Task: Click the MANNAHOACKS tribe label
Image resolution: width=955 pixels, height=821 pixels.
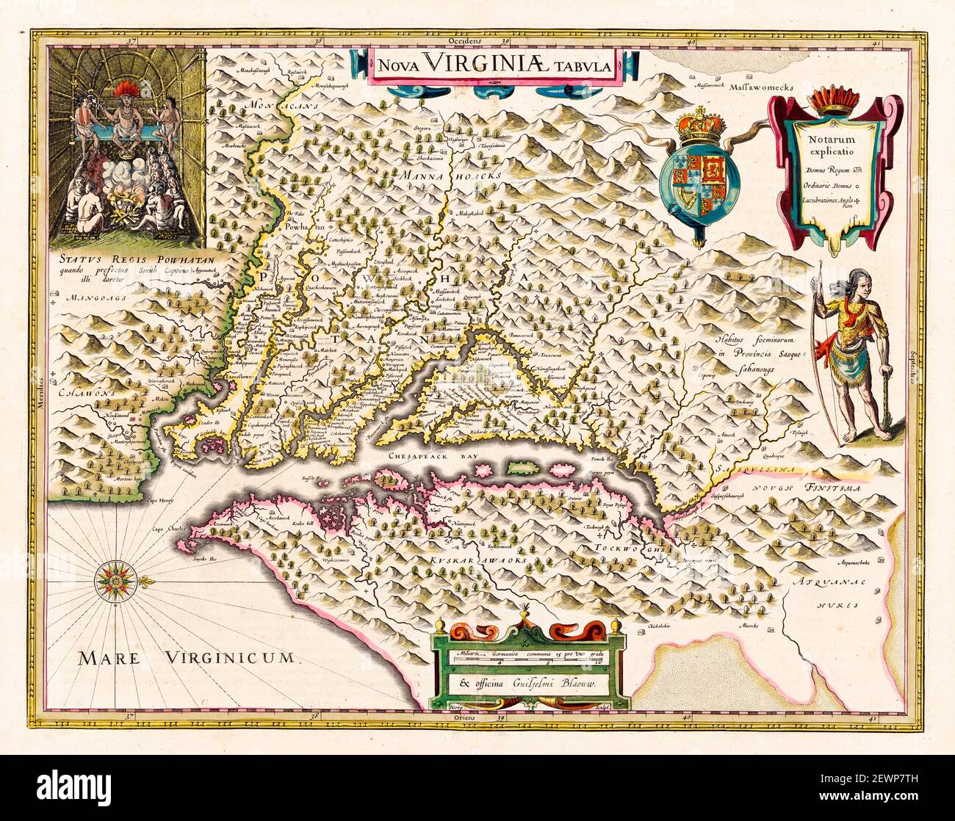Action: [453, 176]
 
